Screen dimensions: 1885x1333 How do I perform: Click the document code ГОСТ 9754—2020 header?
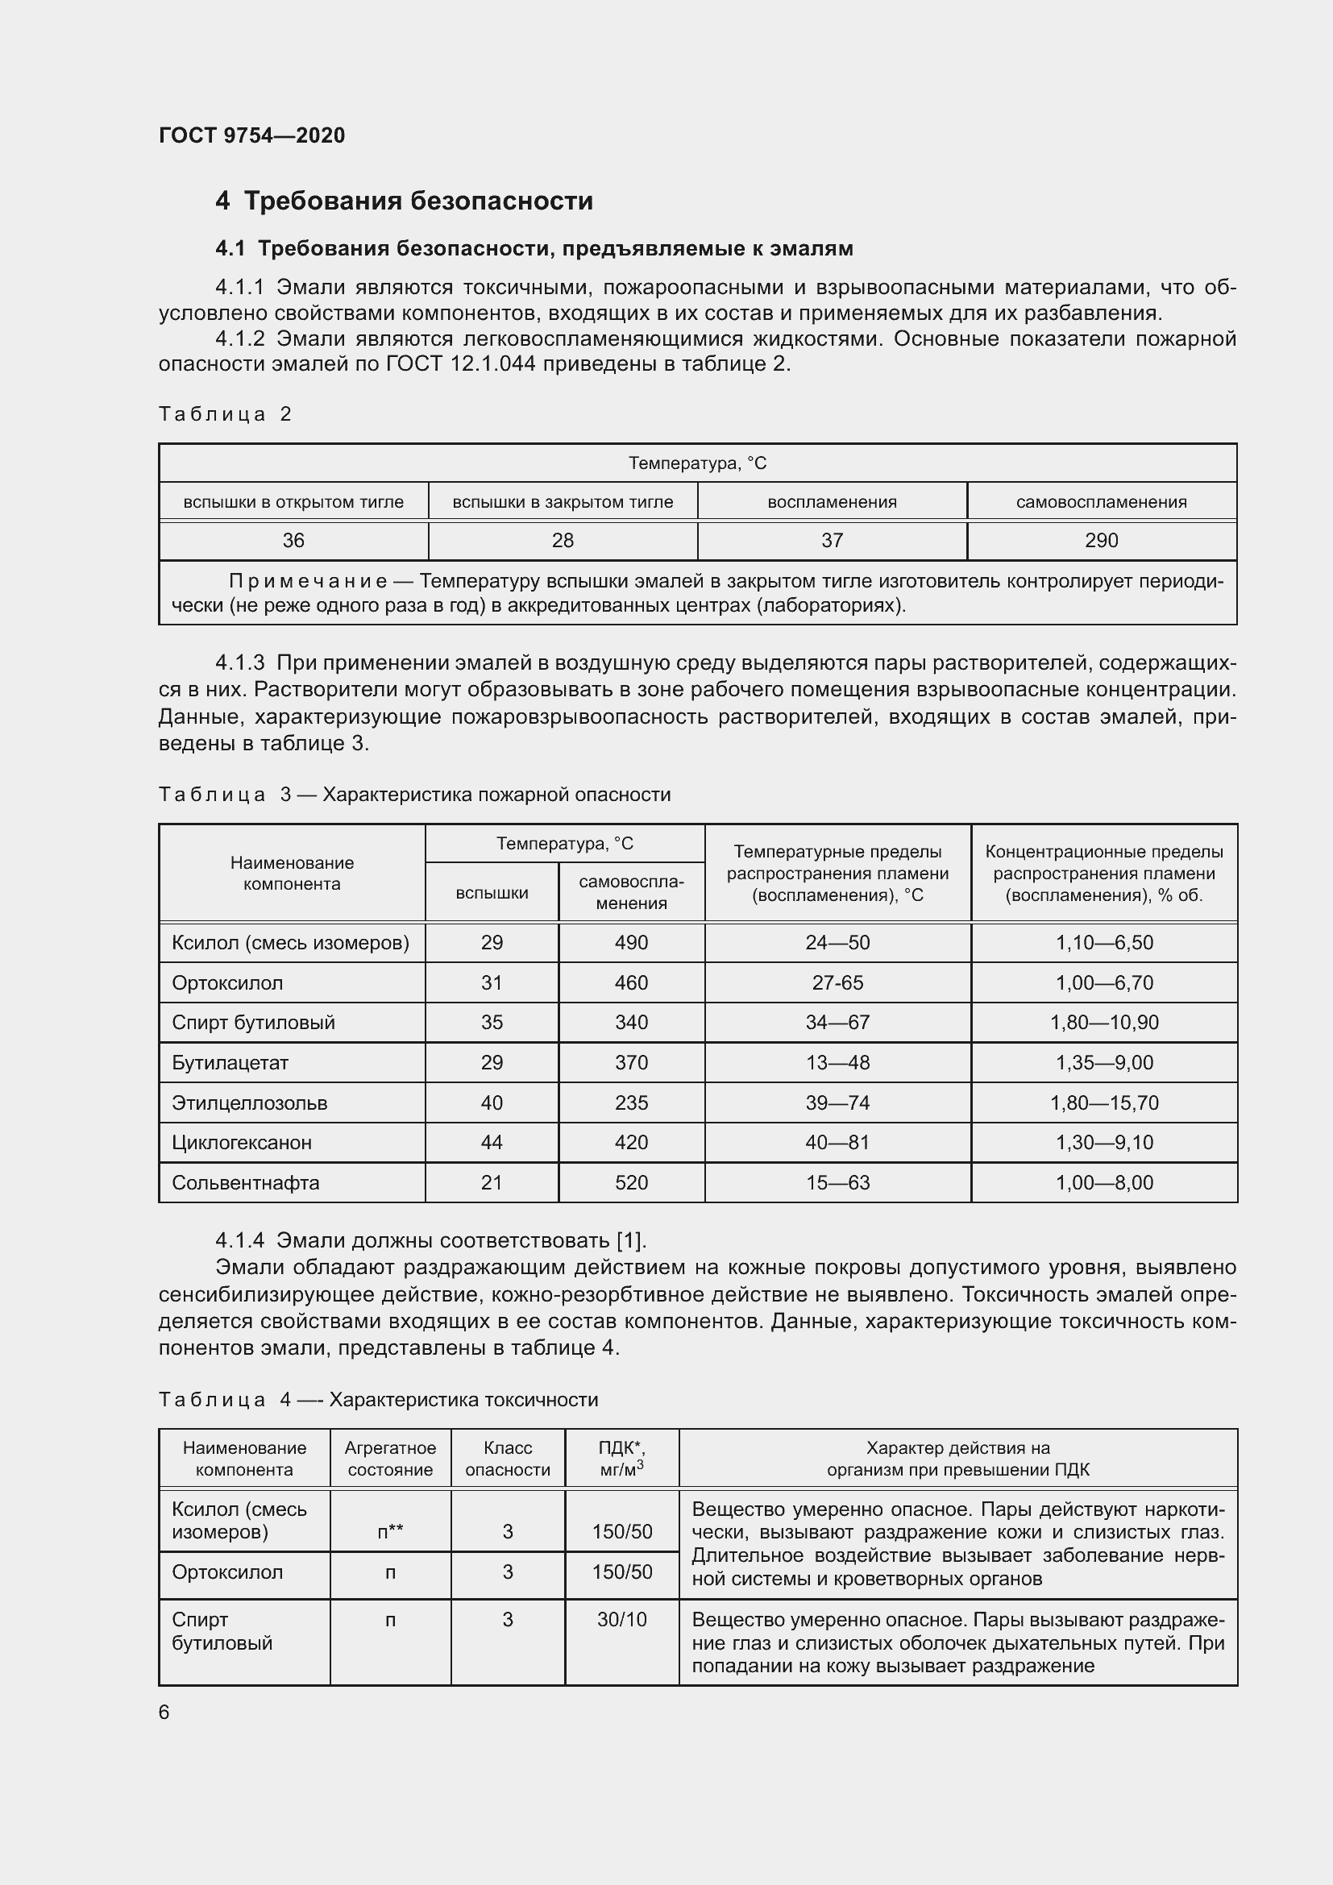pos(252,135)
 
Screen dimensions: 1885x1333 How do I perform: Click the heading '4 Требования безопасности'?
pos(404,201)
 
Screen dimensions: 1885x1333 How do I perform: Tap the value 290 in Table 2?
pos(1101,540)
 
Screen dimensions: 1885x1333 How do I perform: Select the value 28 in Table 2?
pos(563,540)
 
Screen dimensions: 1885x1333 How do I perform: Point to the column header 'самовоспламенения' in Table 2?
pos(1101,501)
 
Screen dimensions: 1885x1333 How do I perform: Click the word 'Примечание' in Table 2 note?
pos(308,582)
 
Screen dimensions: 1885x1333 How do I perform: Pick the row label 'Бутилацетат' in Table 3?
pos(230,1062)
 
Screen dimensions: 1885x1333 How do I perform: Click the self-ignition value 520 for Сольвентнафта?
pos(631,1182)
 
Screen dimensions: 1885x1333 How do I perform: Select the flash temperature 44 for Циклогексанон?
pos(492,1142)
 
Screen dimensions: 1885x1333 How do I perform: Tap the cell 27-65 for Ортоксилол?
pos(837,982)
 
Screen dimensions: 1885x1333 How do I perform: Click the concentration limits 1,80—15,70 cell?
pos(1104,1102)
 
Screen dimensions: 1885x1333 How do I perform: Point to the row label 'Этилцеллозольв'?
pos(250,1102)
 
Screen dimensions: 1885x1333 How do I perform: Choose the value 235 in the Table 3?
pos(631,1102)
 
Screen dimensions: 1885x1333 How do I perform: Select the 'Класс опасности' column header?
pos(507,1459)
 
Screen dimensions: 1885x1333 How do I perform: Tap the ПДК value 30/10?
pos(621,1620)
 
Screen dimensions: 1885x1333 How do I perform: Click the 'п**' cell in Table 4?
pos(390,1531)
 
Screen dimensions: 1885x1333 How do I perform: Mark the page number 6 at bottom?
pos(164,1712)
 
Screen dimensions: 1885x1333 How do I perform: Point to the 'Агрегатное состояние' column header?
pos(390,1459)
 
